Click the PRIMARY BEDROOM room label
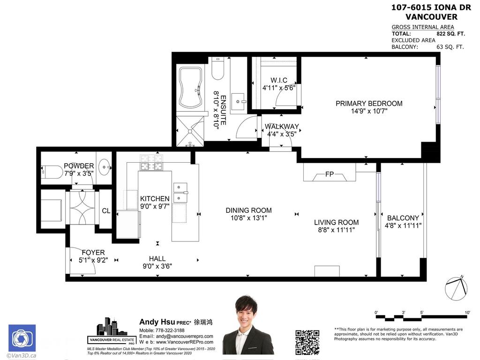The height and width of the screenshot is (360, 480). point(369,104)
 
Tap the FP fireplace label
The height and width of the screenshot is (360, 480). point(330,174)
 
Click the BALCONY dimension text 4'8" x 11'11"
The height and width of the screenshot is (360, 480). point(403,225)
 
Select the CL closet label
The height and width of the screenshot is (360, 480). point(106,211)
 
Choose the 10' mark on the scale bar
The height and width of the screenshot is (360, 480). point(467,313)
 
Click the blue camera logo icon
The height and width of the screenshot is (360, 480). point(22,339)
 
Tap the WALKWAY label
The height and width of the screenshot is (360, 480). point(282,127)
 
